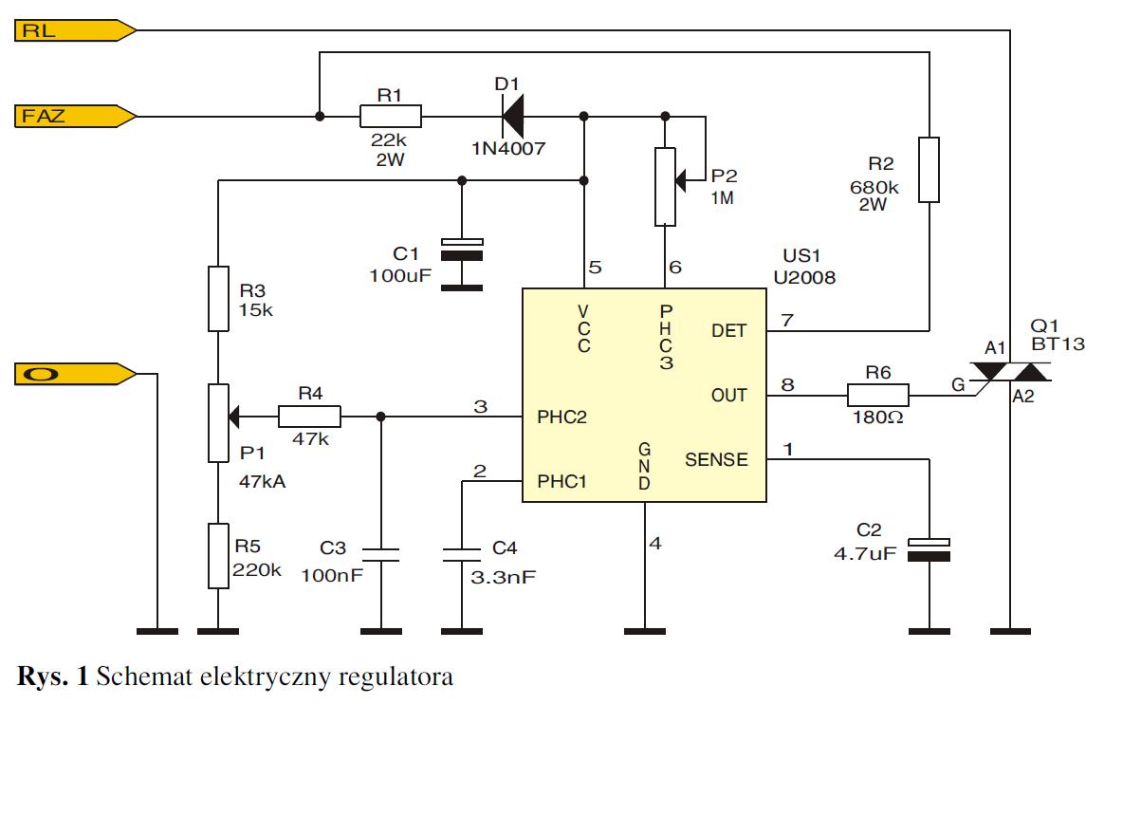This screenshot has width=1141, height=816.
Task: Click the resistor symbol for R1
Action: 390,117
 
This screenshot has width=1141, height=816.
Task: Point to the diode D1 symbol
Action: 512,117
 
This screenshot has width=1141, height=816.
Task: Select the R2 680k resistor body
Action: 929,170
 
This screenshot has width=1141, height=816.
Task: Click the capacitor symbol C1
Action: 462,249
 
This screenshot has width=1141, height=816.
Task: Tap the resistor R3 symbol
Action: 218,299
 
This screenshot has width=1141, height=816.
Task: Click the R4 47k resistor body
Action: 309,416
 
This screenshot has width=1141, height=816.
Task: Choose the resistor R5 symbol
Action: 218,556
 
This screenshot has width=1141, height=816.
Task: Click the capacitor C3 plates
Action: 380,554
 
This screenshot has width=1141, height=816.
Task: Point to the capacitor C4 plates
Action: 462,554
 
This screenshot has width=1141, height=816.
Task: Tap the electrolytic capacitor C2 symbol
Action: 929,549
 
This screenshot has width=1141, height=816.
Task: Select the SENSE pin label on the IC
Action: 716,460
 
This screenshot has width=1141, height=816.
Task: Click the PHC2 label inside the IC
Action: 562,417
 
